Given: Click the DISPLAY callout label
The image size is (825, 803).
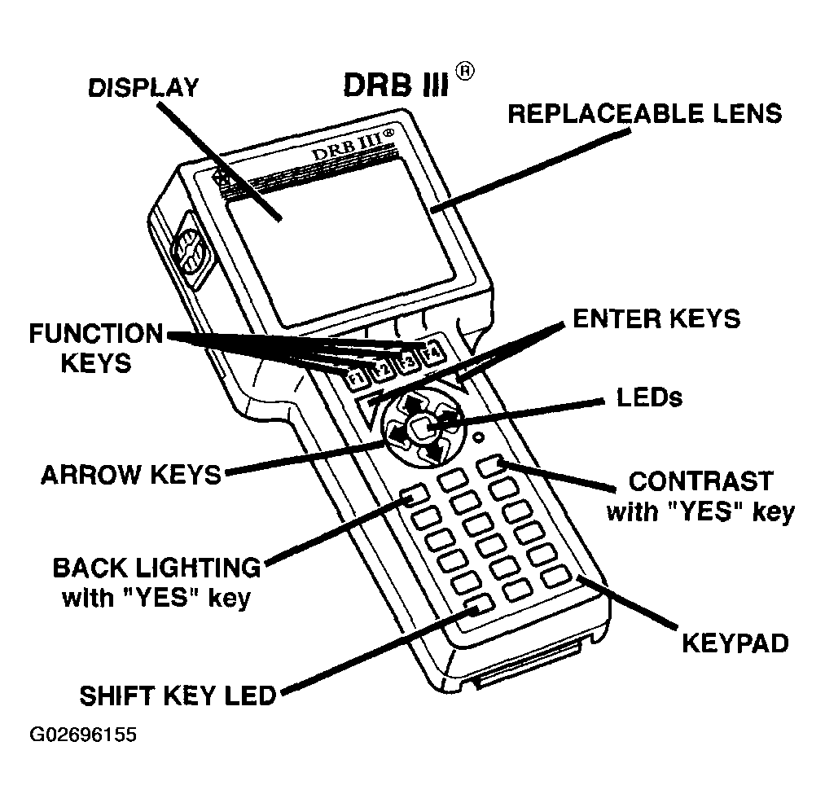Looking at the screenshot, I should (x=143, y=87).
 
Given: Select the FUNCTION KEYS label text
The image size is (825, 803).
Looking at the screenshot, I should (x=96, y=348).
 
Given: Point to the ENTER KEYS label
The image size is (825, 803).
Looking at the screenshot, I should (x=656, y=318).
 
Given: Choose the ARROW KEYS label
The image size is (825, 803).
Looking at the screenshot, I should (x=131, y=475).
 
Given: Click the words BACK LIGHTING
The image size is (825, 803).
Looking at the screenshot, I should (x=156, y=567).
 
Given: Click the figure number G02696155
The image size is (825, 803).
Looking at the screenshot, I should (x=83, y=735).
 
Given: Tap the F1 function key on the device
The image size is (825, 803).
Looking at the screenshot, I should (x=355, y=378).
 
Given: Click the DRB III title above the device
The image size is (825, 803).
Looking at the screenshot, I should (x=395, y=85).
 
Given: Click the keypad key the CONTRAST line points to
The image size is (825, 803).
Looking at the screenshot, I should (x=492, y=466).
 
